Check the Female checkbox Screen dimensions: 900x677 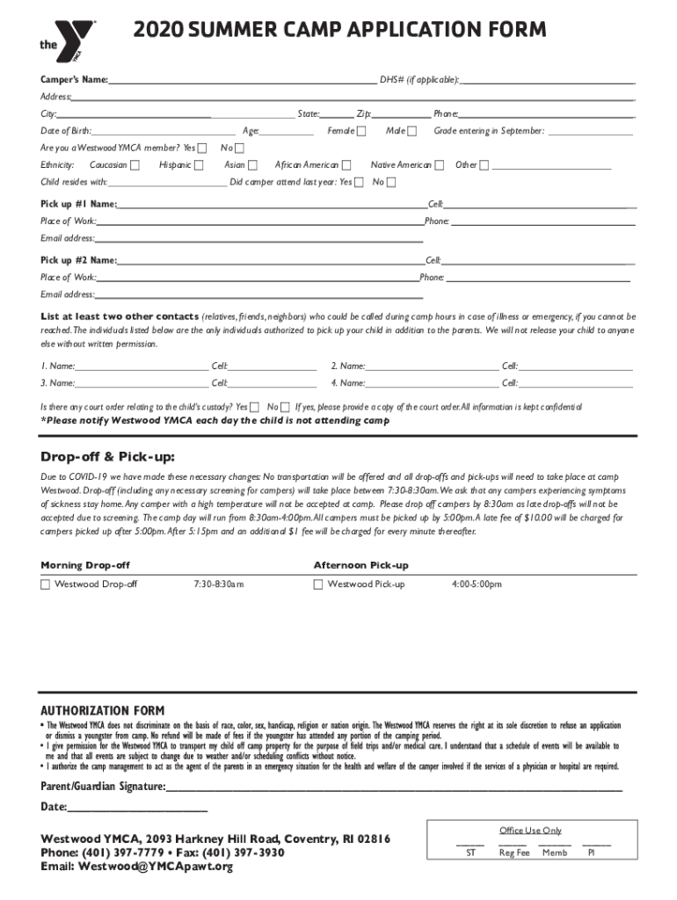pyautogui.click(x=361, y=132)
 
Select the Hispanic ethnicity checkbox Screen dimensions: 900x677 pyautogui.click(x=199, y=165)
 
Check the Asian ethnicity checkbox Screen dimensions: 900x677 pyautogui.click(x=253, y=165)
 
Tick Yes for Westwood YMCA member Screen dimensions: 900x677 pyautogui.click(x=203, y=148)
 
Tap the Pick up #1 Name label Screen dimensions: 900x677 pyautogui.click(x=78, y=204)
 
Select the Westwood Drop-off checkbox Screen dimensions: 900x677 pyautogui.click(x=45, y=584)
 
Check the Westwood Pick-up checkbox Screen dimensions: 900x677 pyautogui.click(x=318, y=584)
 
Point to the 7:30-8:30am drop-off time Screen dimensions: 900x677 pyautogui.click(x=218, y=584)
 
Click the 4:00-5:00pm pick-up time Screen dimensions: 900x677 pyautogui.click(x=477, y=584)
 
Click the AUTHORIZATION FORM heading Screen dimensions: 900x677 pyautogui.click(x=103, y=710)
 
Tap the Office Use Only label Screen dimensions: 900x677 pyautogui.click(x=530, y=831)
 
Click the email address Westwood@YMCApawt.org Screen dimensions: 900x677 pyautogui.click(x=155, y=867)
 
